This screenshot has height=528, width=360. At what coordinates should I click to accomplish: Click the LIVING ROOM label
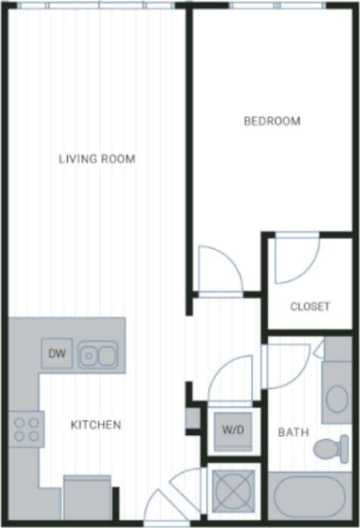(x=97, y=159)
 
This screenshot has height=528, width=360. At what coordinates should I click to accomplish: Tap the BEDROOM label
(x=272, y=121)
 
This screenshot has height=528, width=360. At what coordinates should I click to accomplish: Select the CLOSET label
(x=310, y=307)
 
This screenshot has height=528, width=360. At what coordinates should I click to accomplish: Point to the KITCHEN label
(x=96, y=425)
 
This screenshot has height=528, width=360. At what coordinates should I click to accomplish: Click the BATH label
(x=293, y=432)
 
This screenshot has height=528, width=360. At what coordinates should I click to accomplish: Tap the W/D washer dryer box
(x=233, y=431)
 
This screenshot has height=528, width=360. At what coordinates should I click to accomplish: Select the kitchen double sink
(x=98, y=354)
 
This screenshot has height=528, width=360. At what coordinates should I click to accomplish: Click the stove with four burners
(x=26, y=429)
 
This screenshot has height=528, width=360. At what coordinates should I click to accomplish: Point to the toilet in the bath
(x=330, y=449)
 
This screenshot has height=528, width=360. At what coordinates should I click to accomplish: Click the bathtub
(x=310, y=495)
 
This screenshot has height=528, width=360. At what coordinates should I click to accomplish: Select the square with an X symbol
(x=233, y=491)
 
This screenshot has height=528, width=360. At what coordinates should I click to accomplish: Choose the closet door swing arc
(x=296, y=259)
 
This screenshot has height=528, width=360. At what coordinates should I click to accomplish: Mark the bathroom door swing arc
(x=287, y=366)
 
